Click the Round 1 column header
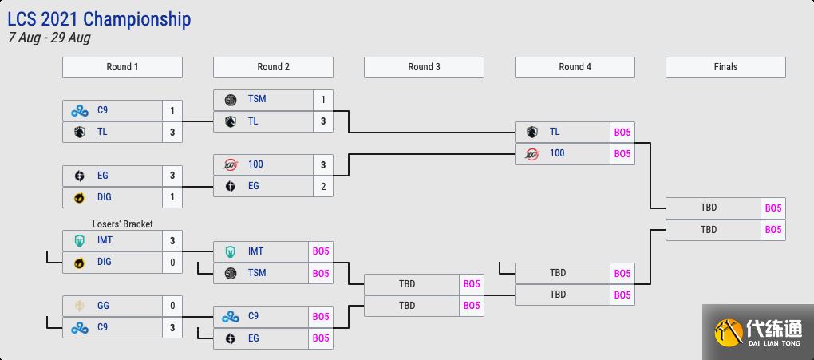pyautogui.click(x=122, y=67)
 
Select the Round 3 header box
pyautogui.click(x=424, y=67)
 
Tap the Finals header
pyautogui.click(x=725, y=67)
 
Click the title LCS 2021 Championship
pyautogui.click(x=100, y=18)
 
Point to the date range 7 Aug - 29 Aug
pyautogui.click(x=49, y=38)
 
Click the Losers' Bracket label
pyautogui.click(x=122, y=224)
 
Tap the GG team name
pyautogui.click(x=103, y=305)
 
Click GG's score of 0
pyautogui.click(x=172, y=306)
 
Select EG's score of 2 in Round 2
pyautogui.click(x=323, y=187)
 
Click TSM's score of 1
pyautogui.click(x=323, y=100)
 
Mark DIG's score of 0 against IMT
pyautogui.click(x=172, y=263)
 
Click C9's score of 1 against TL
pyautogui.click(x=172, y=111)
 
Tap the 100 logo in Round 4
pyautogui.click(x=531, y=153)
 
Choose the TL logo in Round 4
pyautogui.click(x=531, y=132)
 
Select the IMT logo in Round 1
pyautogui.click(x=80, y=240)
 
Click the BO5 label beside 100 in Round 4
pyautogui.click(x=622, y=154)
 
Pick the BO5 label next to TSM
pyautogui.click(x=321, y=274)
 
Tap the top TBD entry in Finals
pyautogui.click(x=709, y=208)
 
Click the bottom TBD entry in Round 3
pyautogui.click(x=407, y=306)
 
